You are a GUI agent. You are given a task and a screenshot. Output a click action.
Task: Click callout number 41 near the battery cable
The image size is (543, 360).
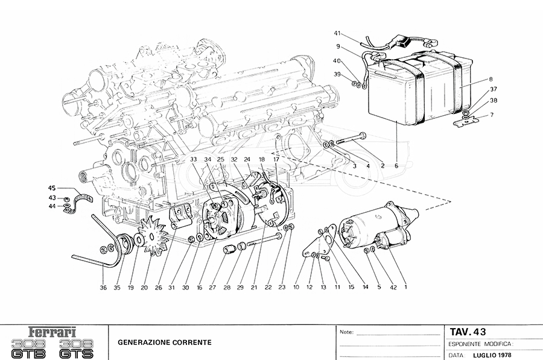pyautogui.click(x=337, y=33)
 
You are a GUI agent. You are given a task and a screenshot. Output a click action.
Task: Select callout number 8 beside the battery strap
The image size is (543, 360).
pyautogui.click(x=491, y=79)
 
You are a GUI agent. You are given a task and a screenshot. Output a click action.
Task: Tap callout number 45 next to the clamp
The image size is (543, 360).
pyautogui.click(x=52, y=188)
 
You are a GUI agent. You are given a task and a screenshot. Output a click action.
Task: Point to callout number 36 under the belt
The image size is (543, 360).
pyautogui.click(x=103, y=287)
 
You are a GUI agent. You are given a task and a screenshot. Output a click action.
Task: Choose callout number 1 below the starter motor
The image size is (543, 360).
pyautogui.click(x=405, y=287)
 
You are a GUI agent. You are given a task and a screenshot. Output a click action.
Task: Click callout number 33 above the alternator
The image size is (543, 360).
pyautogui.click(x=193, y=160)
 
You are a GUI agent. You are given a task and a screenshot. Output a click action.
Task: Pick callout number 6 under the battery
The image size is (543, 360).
pyautogui.click(x=396, y=166)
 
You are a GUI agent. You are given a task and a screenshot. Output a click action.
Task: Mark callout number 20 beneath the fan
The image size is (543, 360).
pyautogui.click(x=144, y=287)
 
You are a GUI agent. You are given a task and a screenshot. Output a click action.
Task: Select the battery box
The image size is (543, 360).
pyautogui.click(x=419, y=90)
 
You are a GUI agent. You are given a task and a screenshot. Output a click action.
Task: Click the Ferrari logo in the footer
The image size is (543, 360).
pyautogui.click(x=52, y=333)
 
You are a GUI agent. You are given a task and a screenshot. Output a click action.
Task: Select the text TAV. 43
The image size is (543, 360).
pyautogui.click(x=468, y=332)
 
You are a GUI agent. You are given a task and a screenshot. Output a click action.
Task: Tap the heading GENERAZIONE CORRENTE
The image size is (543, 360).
pyautogui.click(x=165, y=343)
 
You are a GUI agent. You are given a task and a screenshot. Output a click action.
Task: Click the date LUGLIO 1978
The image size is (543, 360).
pyautogui.click(x=492, y=355)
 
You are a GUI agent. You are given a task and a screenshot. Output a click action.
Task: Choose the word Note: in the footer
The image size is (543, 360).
pyautogui.click(x=347, y=332)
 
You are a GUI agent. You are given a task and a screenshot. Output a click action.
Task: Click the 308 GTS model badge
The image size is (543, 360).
pyautogui.click(x=76, y=349)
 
